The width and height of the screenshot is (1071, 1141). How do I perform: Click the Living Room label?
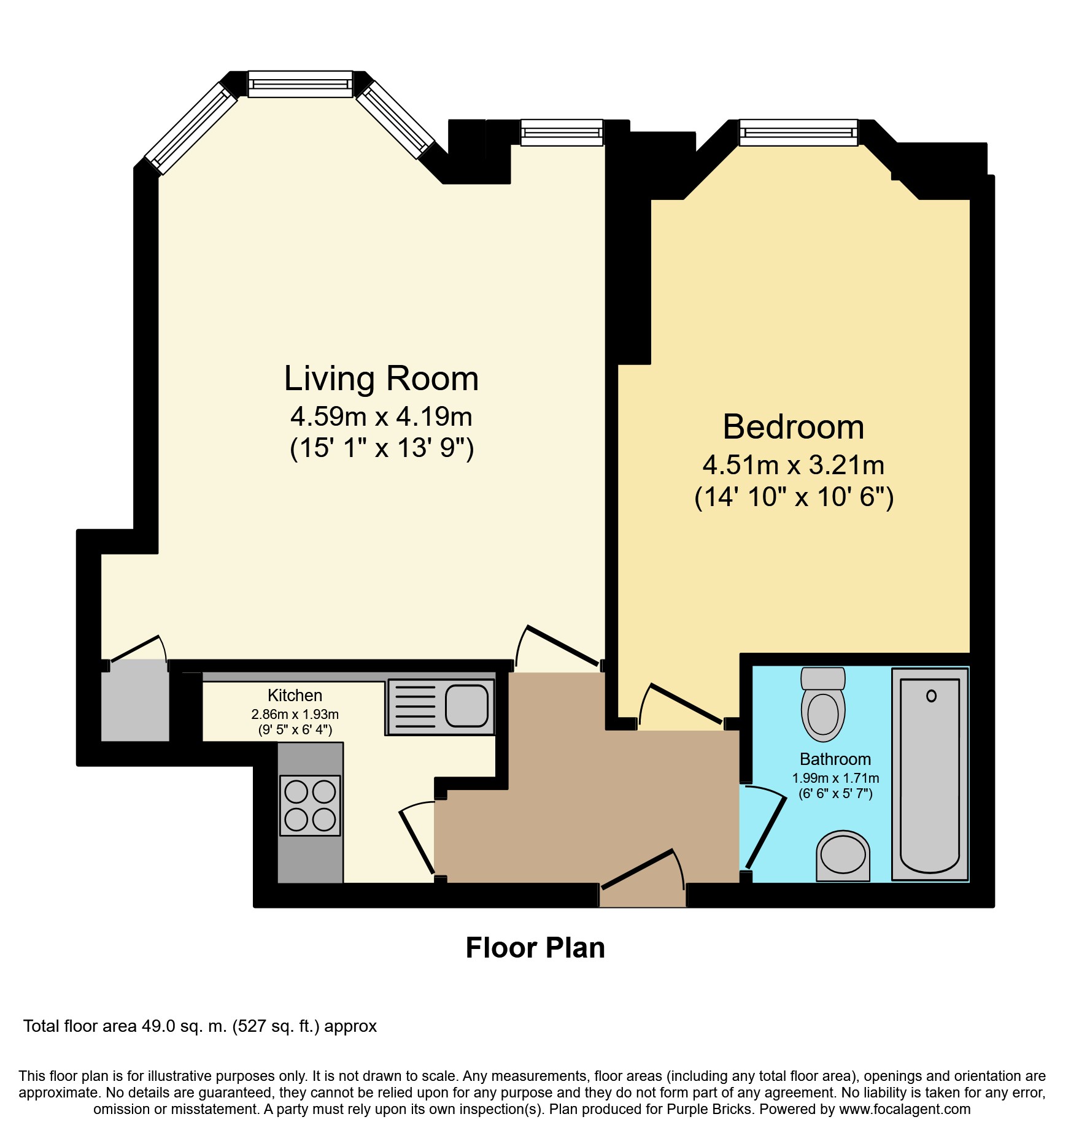pos(381,378)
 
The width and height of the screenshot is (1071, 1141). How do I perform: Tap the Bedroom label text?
pos(793,427)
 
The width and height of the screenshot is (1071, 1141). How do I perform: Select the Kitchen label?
pos(295,695)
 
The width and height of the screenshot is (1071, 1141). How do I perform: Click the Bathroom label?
pos(835,759)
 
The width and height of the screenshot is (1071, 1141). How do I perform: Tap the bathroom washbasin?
pos(843,855)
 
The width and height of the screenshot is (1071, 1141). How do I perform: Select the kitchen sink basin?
pos(466,705)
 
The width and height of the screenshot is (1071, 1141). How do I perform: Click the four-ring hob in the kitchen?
pos(310,805)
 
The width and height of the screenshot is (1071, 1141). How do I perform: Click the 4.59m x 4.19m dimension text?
pos(381,417)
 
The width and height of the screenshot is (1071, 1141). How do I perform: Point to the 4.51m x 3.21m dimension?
pos(793,466)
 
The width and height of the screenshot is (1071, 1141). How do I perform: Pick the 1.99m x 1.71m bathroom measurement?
pos(835,778)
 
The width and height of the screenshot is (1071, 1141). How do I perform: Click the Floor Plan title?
pos(535,948)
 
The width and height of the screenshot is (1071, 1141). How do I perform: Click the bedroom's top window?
pos(798,132)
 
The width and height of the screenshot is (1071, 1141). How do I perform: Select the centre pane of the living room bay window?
pos(301,84)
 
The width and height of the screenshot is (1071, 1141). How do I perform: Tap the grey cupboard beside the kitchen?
pos(135,701)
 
